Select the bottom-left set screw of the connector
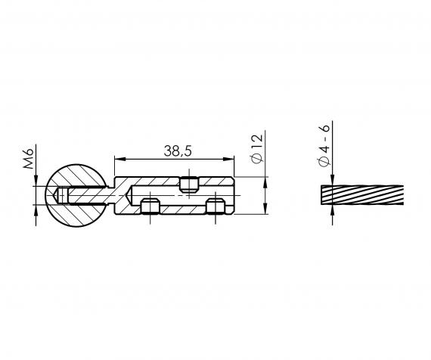click(150, 207)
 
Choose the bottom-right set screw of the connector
click(215, 207)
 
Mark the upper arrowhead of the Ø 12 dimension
click(266, 181)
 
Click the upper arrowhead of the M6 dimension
click(36, 185)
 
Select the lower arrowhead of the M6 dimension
click(36, 211)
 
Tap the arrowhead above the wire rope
click(332, 180)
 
